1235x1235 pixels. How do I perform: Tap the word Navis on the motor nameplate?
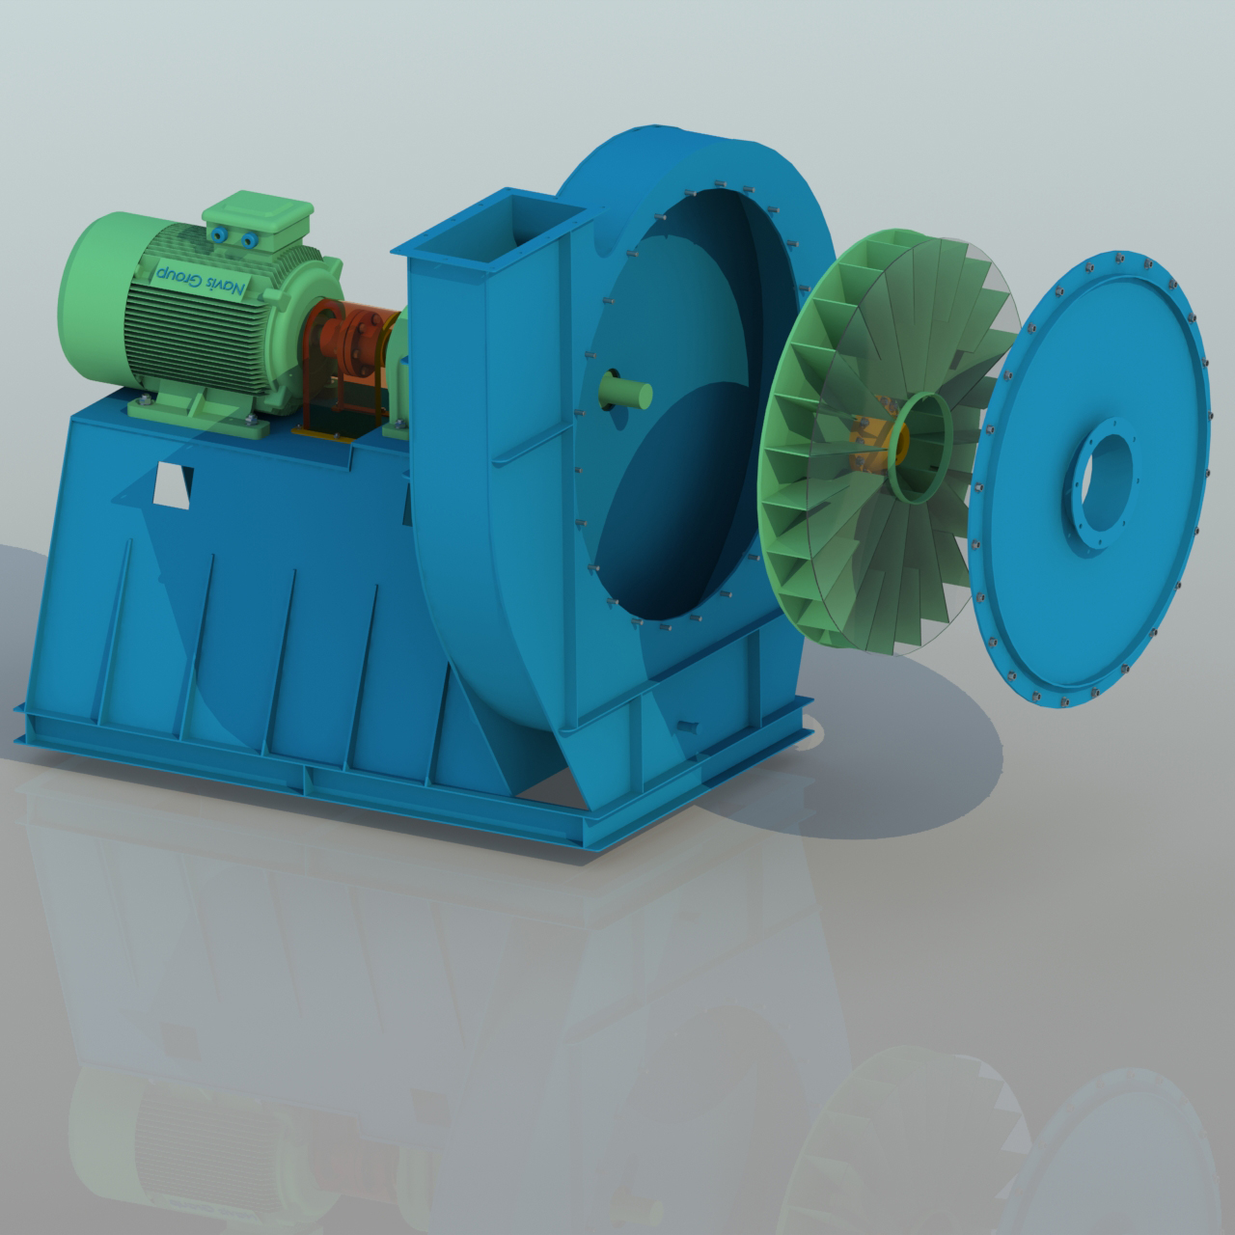(228, 286)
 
